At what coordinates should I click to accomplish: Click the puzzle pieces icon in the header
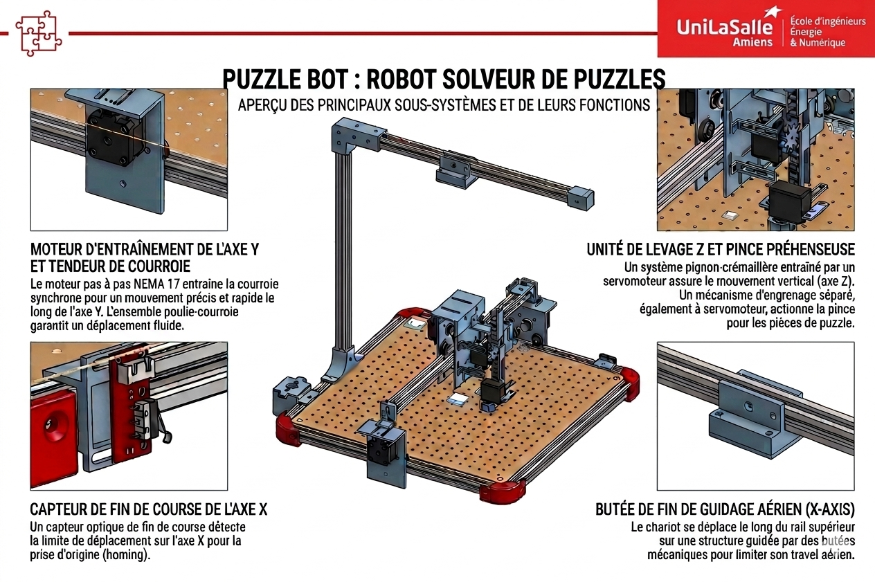pyautogui.click(x=38, y=34)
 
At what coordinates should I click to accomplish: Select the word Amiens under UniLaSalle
pyautogui.click(x=752, y=42)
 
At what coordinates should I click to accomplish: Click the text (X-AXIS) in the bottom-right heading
pyautogui.click(x=829, y=509)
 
